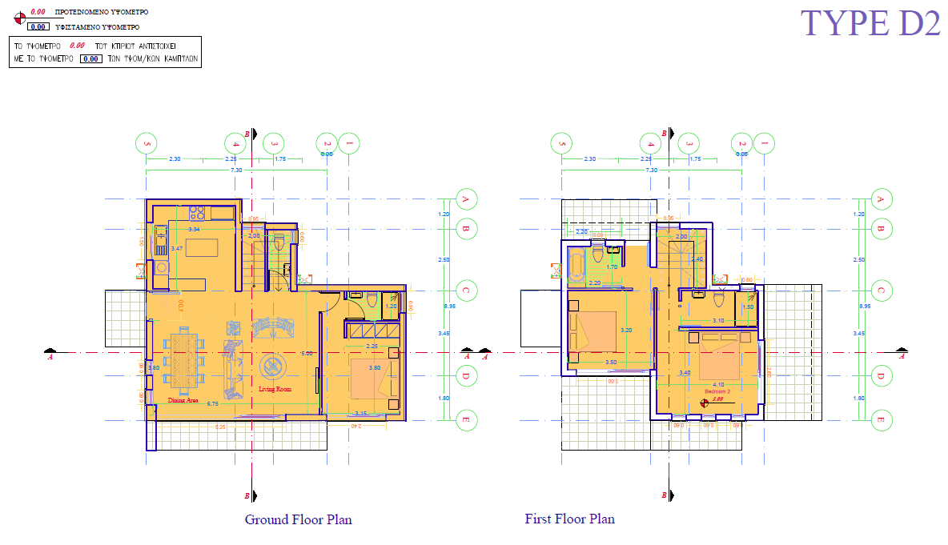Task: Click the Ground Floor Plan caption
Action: pyautogui.click(x=298, y=519)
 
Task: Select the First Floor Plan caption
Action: pyautogui.click(x=569, y=519)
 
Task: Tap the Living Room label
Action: pyautogui.click(x=275, y=389)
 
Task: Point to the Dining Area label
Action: pyautogui.click(x=183, y=399)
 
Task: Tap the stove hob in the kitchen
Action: pyautogui.click(x=196, y=213)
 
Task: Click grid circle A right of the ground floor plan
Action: pyautogui.click(x=466, y=199)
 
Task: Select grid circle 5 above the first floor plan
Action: pyautogui.click(x=562, y=145)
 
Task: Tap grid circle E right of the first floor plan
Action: pyautogui.click(x=882, y=419)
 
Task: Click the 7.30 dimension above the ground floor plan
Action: pyautogui.click(x=236, y=170)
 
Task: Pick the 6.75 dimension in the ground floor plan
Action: pyautogui.click(x=213, y=404)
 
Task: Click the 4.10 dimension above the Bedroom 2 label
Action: pyautogui.click(x=717, y=384)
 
